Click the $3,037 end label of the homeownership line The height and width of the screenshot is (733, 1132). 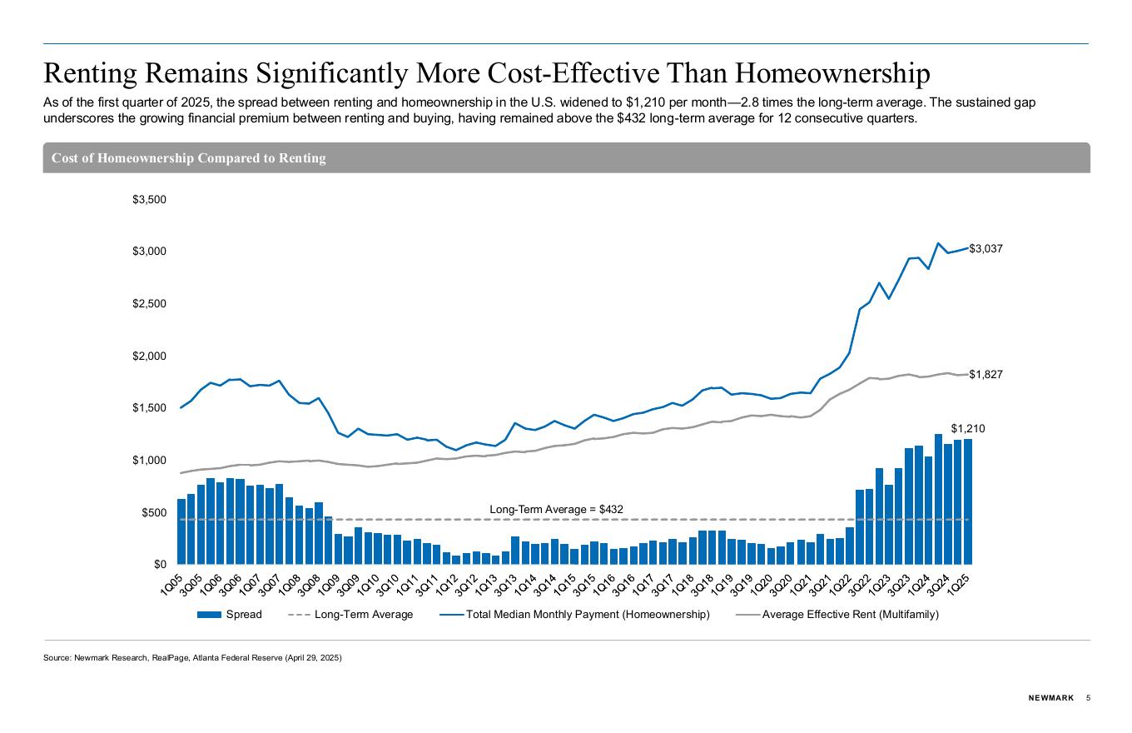[x=986, y=248]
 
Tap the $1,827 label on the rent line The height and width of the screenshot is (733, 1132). [x=986, y=375]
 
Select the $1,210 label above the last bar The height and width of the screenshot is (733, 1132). [x=968, y=428]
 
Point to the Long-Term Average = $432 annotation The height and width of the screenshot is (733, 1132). [x=556, y=509]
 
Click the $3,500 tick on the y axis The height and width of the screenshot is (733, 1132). [x=150, y=199]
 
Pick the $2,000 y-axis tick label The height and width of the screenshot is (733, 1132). [x=150, y=356]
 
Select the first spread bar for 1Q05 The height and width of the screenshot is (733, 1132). [x=181, y=531]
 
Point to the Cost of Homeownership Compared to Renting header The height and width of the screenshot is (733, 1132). [x=189, y=158]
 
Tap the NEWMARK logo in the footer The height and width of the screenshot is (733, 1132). [x=1050, y=698]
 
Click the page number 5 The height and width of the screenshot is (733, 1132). [x=1088, y=698]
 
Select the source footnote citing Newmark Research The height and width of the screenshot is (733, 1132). [x=192, y=658]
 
